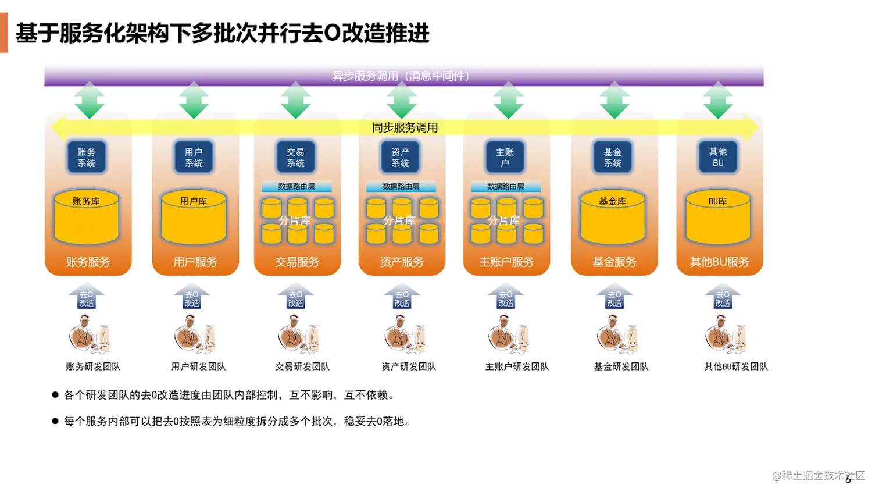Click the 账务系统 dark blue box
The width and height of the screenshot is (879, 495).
point(87,158)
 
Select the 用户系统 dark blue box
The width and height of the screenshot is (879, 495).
point(194,158)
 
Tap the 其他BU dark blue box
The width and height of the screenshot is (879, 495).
point(718,158)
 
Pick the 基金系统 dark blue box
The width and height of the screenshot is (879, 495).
point(613,158)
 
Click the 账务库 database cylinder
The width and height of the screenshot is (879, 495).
point(87,217)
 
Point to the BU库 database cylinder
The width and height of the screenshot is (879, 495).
point(718,217)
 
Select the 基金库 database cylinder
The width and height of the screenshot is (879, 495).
point(613,217)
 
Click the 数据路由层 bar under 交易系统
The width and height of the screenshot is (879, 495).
point(296,187)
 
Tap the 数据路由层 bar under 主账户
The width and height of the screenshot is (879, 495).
point(506,187)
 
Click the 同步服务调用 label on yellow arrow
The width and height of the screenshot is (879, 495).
point(405,127)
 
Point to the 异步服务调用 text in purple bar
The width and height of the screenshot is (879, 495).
point(401,76)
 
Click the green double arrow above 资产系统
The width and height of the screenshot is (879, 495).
point(401,100)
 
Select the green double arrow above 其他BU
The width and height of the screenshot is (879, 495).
point(718,100)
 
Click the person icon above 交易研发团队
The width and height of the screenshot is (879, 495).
point(299,335)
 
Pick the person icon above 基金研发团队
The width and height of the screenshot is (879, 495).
point(617,335)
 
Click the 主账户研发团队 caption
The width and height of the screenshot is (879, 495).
point(517,366)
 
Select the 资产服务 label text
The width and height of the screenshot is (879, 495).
point(402,262)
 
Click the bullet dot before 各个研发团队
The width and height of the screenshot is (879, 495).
point(55,395)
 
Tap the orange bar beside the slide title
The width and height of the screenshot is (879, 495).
point(4,33)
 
